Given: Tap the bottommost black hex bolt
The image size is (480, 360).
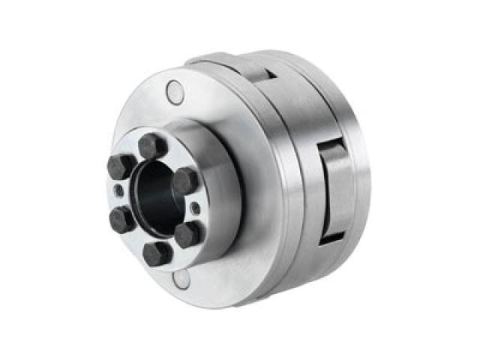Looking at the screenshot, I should click(157, 253).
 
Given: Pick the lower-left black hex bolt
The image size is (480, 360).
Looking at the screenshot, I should click(122, 219).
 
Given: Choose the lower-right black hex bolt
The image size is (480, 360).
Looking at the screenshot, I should click(187, 233).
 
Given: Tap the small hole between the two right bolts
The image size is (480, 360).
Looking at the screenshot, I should click(195, 208).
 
